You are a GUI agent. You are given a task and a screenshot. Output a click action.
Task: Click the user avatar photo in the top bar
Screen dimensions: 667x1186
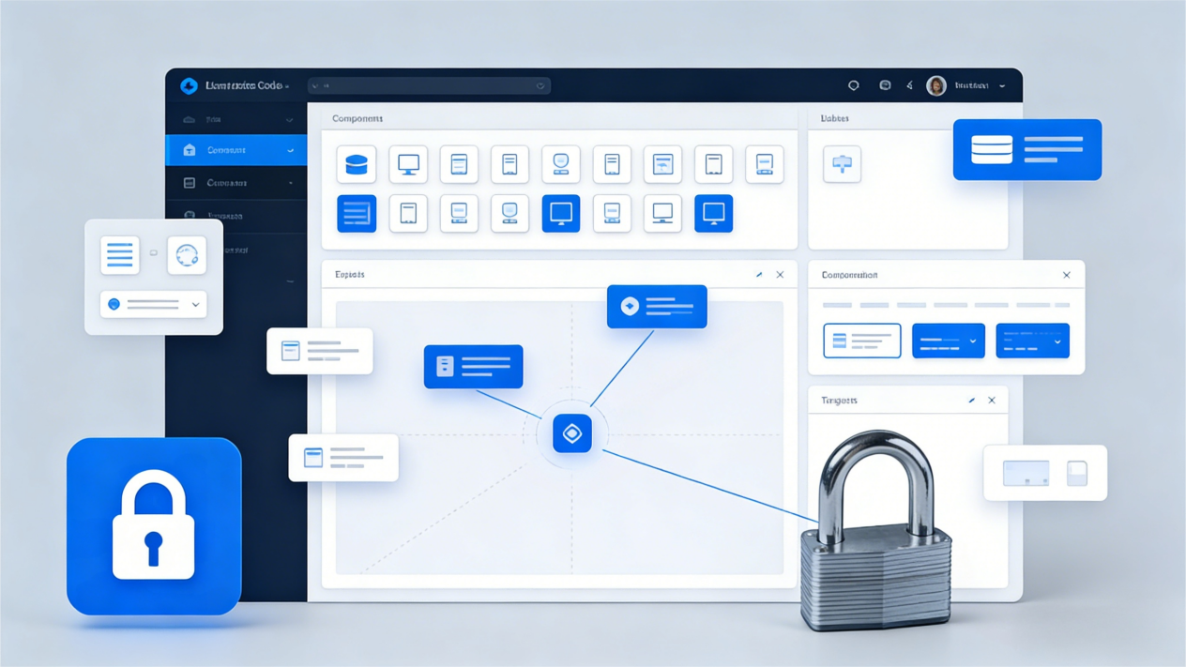click(935, 86)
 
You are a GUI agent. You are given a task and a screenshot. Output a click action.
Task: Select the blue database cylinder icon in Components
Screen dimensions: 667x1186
click(357, 165)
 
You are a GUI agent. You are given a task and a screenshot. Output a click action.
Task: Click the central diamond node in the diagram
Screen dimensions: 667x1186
click(572, 433)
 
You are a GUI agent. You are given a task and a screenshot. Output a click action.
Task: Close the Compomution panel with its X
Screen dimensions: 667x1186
click(1066, 275)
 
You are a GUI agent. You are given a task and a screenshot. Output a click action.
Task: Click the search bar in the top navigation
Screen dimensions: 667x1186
click(429, 86)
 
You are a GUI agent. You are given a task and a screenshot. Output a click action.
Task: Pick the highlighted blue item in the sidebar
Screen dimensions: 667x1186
click(236, 150)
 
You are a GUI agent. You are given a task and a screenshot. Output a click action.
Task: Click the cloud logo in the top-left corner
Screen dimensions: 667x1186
click(189, 86)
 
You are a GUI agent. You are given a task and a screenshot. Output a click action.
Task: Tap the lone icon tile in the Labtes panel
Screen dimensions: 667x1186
click(842, 164)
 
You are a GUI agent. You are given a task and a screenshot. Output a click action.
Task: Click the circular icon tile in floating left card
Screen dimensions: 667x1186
click(187, 255)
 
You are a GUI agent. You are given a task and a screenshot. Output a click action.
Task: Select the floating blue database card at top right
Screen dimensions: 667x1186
click(1026, 150)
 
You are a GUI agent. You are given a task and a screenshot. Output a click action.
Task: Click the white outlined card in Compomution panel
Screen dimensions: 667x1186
click(861, 341)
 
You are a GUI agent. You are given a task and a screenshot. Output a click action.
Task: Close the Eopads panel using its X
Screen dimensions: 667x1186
click(780, 275)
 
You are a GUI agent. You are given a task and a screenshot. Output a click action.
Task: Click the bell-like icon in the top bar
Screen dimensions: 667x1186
click(853, 86)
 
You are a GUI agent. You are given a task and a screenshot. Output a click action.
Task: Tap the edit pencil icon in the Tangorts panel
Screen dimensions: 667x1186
click(971, 401)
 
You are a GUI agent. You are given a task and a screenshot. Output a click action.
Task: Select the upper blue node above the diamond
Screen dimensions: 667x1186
click(657, 307)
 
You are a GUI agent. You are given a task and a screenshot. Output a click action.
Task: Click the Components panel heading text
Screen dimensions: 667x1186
click(357, 119)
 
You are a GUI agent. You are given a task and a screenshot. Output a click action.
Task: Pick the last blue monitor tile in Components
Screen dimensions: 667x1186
click(713, 214)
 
